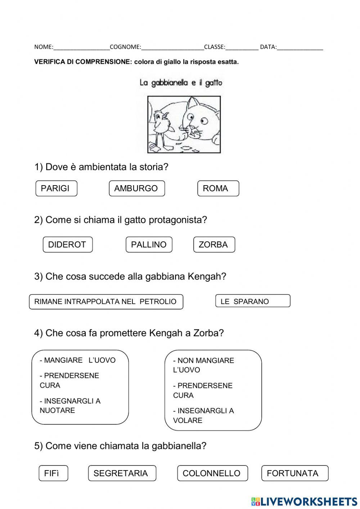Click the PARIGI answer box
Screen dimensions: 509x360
(x=56, y=188)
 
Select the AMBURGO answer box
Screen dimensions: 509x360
(x=136, y=188)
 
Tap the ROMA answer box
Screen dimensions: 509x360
(x=218, y=188)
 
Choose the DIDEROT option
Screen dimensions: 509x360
(x=67, y=245)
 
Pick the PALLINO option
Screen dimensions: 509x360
(x=149, y=245)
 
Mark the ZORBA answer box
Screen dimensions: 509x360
(x=214, y=245)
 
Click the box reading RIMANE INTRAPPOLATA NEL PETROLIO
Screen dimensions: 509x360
(x=106, y=302)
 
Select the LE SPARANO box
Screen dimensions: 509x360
(x=252, y=301)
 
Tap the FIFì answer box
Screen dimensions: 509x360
(x=53, y=473)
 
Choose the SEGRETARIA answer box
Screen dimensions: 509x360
(x=122, y=473)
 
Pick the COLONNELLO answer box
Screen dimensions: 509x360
(x=212, y=473)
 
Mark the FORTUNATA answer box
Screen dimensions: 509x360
(x=294, y=473)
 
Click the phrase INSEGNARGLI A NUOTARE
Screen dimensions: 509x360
(x=70, y=406)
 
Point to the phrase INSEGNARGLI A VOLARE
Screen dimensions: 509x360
(x=203, y=415)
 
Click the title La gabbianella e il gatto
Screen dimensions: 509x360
(x=181, y=83)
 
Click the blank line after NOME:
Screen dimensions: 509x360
(x=81, y=47)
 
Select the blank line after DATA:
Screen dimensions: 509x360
(x=300, y=47)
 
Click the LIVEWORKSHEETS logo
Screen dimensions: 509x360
(x=304, y=501)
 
